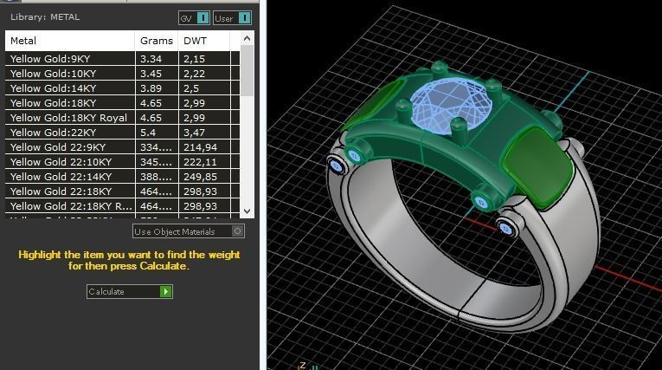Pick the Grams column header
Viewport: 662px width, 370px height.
150,41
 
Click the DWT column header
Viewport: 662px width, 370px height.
193,41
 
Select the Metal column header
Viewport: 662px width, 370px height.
24,41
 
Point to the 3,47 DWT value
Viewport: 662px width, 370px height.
194,133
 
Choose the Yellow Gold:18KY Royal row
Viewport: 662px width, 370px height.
68,118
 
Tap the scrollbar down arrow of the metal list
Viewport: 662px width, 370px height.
247,211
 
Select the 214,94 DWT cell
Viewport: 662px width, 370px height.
200,147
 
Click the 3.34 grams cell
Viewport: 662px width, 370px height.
151,59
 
